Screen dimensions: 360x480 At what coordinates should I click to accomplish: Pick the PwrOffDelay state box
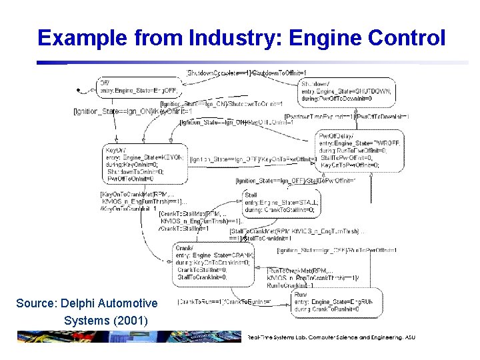point(353,150)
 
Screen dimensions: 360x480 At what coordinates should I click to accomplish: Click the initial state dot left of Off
point(79,90)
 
